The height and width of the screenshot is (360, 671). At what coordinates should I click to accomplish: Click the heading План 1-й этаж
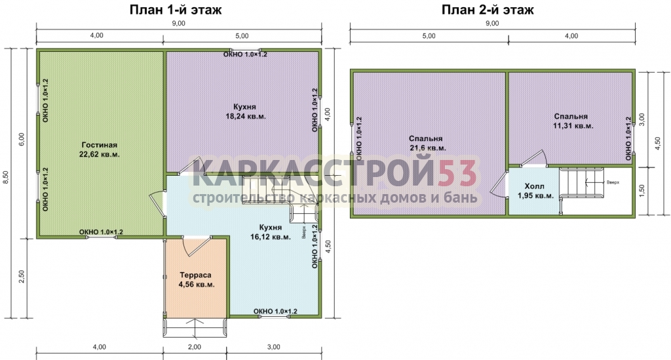[x=176, y=10]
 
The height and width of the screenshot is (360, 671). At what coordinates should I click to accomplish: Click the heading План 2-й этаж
[x=488, y=10]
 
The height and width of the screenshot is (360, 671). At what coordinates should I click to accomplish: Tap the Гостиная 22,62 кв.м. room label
[x=100, y=150]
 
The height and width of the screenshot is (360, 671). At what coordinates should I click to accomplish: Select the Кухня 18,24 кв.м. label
[x=245, y=111]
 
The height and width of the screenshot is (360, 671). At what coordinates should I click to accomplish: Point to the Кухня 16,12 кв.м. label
[x=271, y=232]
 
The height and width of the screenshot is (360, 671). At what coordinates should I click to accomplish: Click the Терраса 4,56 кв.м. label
[x=195, y=279]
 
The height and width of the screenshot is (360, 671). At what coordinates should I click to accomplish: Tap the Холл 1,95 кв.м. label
[x=535, y=191]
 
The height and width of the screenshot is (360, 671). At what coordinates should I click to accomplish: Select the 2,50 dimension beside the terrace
[x=22, y=276]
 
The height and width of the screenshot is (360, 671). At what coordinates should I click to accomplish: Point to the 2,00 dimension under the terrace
[x=195, y=347]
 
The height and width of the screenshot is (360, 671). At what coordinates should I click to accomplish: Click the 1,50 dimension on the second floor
[x=642, y=191]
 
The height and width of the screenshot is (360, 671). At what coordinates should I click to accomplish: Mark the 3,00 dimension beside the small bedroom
[x=642, y=120]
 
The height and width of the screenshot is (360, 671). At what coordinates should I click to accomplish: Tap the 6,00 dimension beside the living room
[x=22, y=139]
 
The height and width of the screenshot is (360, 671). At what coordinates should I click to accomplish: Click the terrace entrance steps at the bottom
[x=195, y=327]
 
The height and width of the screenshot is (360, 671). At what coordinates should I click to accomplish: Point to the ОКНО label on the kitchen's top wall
[x=245, y=54]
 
